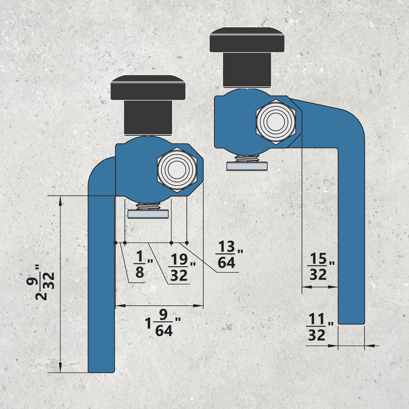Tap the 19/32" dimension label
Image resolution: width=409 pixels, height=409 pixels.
tap(182, 267)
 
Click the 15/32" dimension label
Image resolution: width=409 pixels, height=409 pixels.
tap(321, 267)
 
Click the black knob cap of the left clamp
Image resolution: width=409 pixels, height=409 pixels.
tap(148, 87)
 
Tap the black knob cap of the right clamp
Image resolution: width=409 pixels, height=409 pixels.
tap(247, 40)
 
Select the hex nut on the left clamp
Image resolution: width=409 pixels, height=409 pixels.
tap(177, 170)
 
